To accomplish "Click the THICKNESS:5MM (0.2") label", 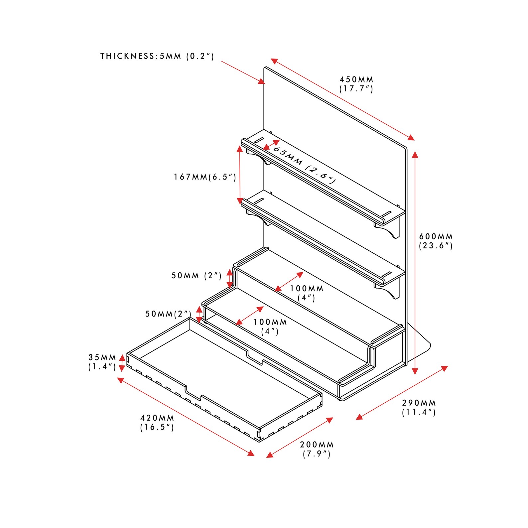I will click(157, 56).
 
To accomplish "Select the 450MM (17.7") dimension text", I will click(356, 84).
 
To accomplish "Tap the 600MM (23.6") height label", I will click(436, 241).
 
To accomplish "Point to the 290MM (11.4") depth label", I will click(418, 407).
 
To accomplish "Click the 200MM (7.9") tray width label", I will click(317, 449).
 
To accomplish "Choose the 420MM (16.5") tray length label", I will click(157, 422).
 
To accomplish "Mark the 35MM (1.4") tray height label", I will click(102, 362).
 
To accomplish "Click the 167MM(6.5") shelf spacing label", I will click(205, 177).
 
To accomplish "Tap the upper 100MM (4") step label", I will click(306, 293).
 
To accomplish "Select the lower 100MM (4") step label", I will click(270, 326).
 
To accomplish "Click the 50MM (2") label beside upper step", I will click(196, 276).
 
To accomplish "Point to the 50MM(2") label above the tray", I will click(168, 314).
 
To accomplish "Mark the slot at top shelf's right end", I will click(387, 213).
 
